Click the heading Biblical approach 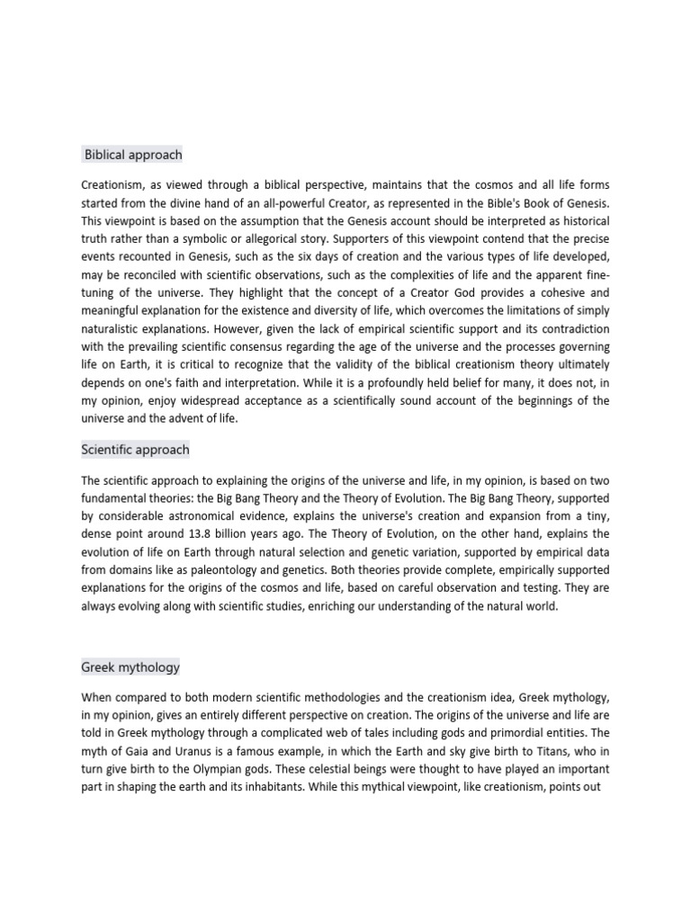tap(133, 155)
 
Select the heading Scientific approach tap(136, 449)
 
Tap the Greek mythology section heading tap(130, 667)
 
